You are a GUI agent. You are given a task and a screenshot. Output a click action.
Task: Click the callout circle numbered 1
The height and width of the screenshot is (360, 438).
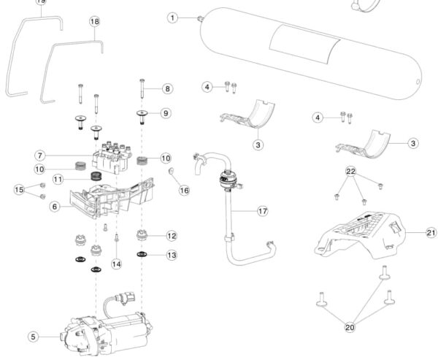172,17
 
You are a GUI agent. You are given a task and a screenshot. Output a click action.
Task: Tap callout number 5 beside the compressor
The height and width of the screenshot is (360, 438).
33,337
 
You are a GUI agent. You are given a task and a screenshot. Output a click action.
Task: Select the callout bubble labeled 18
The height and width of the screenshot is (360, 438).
94,22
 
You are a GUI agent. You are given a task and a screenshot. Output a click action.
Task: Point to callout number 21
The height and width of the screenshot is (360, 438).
431,233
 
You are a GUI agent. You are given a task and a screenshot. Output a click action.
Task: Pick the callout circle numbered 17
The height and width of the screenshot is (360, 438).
263,212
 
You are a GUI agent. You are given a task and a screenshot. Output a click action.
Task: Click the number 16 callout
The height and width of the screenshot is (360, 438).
184,190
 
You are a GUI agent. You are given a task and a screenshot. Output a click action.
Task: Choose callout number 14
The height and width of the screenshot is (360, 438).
115,263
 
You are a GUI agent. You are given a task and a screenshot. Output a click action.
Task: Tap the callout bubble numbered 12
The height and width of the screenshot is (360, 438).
172,236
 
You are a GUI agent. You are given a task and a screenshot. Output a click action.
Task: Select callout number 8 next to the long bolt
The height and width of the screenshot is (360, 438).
168,88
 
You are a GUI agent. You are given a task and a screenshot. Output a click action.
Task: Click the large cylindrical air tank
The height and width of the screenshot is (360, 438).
307,55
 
